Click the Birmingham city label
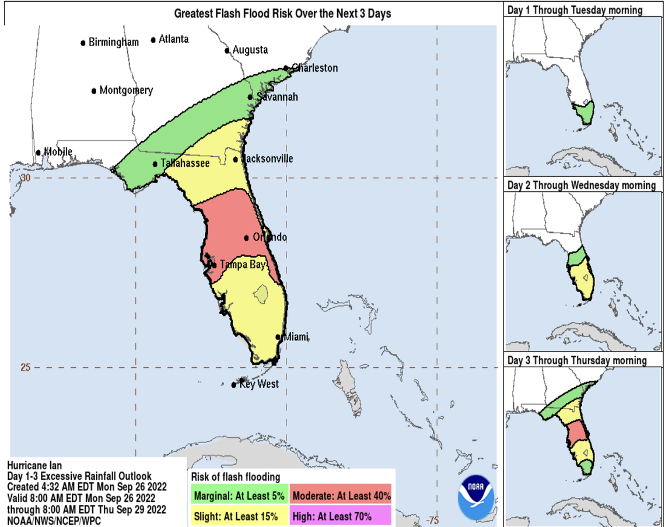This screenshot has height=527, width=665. click(114, 43)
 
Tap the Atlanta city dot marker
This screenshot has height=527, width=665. click(153, 40)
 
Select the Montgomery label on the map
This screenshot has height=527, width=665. click(126, 90)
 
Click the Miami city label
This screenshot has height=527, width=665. click(296, 337)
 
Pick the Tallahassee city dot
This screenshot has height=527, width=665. click(155, 164)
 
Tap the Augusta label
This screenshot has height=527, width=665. click(250, 50)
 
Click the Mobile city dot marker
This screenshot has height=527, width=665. click(38, 153)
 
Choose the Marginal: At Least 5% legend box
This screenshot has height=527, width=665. click(239, 496)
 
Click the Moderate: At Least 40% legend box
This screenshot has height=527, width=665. click(341, 496)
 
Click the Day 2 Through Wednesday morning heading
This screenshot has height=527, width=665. click(581, 185)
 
